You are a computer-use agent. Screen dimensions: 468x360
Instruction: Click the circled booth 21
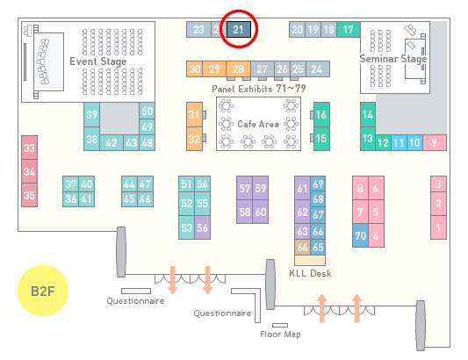pyautogui.click(x=239, y=30)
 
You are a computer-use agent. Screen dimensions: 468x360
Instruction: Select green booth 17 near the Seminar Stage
pyautogui.click(x=349, y=30)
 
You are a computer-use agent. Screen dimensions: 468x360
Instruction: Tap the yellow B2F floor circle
pyautogui.click(x=43, y=291)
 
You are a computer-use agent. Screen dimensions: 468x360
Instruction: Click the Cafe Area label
pyautogui.click(x=258, y=124)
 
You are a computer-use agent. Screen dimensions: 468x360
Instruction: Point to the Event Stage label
pyautogui.click(x=98, y=61)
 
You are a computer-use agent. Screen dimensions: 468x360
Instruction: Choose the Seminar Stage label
pyautogui.click(x=393, y=59)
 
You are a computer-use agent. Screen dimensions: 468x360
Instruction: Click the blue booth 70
pyautogui.click(x=360, y=235)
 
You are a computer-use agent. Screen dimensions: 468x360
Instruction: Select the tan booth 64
pyautogui.click(x=302, y=247)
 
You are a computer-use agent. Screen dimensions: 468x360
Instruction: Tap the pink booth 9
pyautogui.click(x=435, y=143)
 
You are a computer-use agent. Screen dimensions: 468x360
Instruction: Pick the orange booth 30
pyautogui.click(x=195, y=69)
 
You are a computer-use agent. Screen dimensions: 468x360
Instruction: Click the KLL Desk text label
pyautogui.click(x=311, y=273)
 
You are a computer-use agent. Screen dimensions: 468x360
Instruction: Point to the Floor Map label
pyautogui.click(x=280, y=334)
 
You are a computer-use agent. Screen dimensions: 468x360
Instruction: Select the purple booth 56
pyautogui.click(x=202, y=227)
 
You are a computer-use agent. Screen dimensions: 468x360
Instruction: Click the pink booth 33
pyautogui.click(x=29, y=148)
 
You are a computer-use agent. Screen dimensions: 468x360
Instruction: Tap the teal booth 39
pyautogui.click(x=91, y=115)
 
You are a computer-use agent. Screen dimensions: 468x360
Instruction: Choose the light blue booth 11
pyautogui.click(x=399, y=143)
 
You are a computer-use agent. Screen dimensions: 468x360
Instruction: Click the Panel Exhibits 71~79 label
pyautogui.click(x=259, y=89)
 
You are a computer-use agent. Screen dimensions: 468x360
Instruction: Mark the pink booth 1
pyautogui.click(x=438, y=227)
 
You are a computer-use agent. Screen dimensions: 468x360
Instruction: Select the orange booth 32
pyautogui.click(x=194, y=139)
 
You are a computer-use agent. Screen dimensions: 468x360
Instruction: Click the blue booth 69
pyautogui.click(x=318, y=184)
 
